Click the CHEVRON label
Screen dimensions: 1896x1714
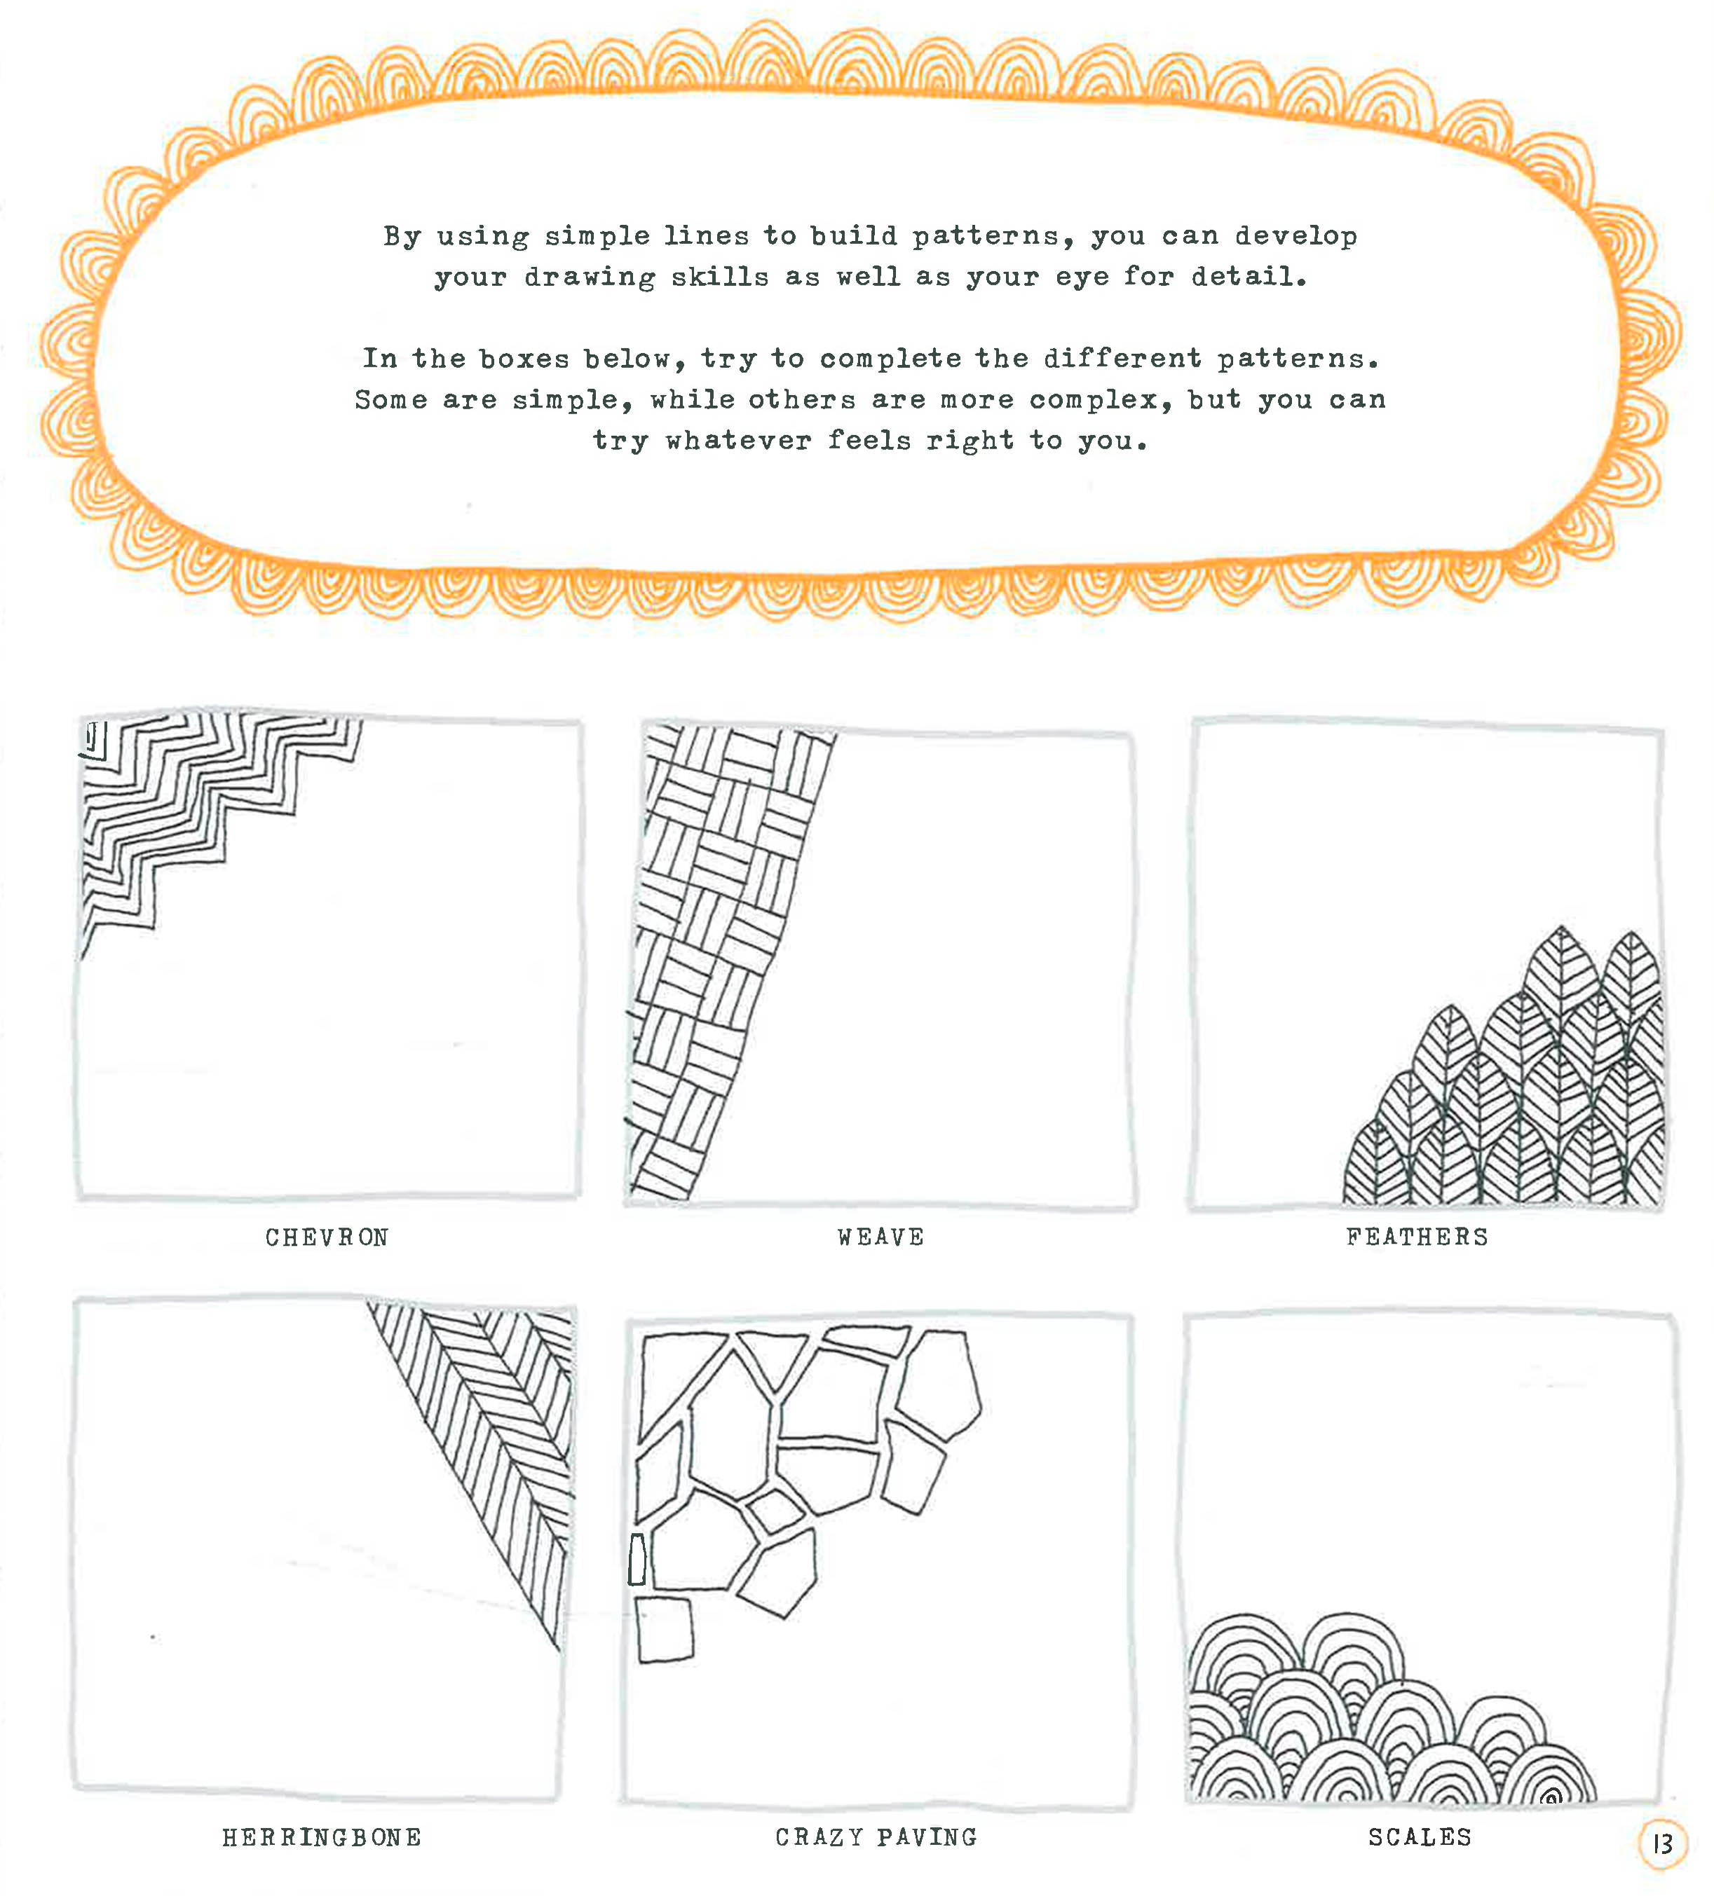[327, 1237]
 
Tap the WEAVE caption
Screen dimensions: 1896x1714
[880, 1237]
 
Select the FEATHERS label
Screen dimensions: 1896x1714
[1417, 1237]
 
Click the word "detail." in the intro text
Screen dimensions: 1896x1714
[1249, 277]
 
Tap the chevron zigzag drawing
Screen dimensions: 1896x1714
[188, 809]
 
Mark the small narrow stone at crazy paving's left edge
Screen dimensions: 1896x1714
[637, 1558]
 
